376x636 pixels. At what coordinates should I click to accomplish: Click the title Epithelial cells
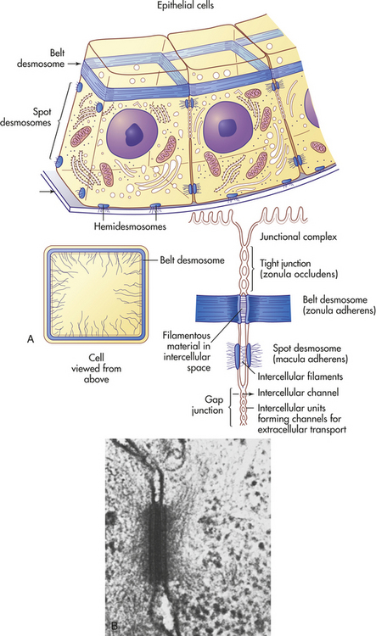click(185, 5)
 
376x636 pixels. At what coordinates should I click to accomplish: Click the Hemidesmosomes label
click(130, 226)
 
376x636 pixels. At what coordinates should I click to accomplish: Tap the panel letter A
click(30, 339)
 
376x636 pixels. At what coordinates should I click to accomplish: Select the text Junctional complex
click(299, 237)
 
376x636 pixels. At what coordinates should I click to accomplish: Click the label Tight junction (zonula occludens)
click(299, 269)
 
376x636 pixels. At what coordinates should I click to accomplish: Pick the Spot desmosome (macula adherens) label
click(310, 354)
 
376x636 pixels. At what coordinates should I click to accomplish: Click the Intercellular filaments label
click(300, 377)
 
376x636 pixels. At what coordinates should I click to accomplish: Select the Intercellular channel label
click(298, 393)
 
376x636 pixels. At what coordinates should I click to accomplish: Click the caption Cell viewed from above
click(96, 368)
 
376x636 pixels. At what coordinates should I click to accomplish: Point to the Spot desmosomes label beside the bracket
click(25, 117)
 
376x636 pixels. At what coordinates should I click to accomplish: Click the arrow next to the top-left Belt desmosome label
click(74, 64)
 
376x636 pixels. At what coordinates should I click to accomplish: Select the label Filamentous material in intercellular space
click(187, 352)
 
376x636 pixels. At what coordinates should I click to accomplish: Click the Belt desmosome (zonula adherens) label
click(339, 305)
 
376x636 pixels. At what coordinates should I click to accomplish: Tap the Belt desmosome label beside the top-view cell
click(192, 260)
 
